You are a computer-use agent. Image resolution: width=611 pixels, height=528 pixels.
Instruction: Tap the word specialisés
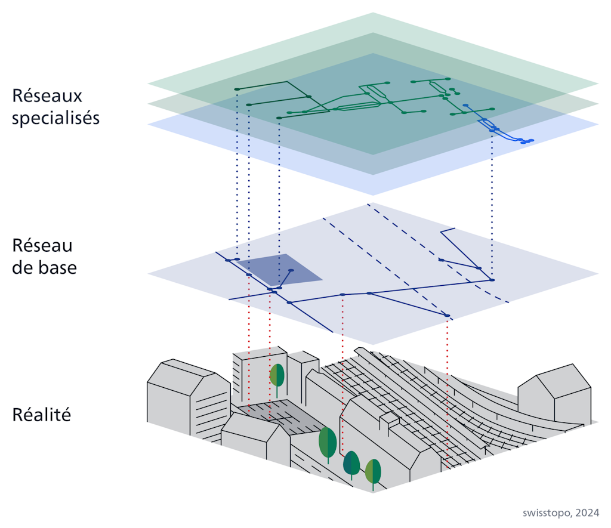55,118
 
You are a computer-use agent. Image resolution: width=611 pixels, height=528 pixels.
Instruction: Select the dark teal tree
351,463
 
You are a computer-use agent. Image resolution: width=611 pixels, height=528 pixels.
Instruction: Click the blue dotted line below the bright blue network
492,203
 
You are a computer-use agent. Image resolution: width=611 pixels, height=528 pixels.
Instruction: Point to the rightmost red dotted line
448,388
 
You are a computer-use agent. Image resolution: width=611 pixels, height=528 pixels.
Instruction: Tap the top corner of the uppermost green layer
374,13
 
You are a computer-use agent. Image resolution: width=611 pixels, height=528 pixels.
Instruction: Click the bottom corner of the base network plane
374,344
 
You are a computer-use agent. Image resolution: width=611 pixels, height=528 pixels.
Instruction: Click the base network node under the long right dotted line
492,279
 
